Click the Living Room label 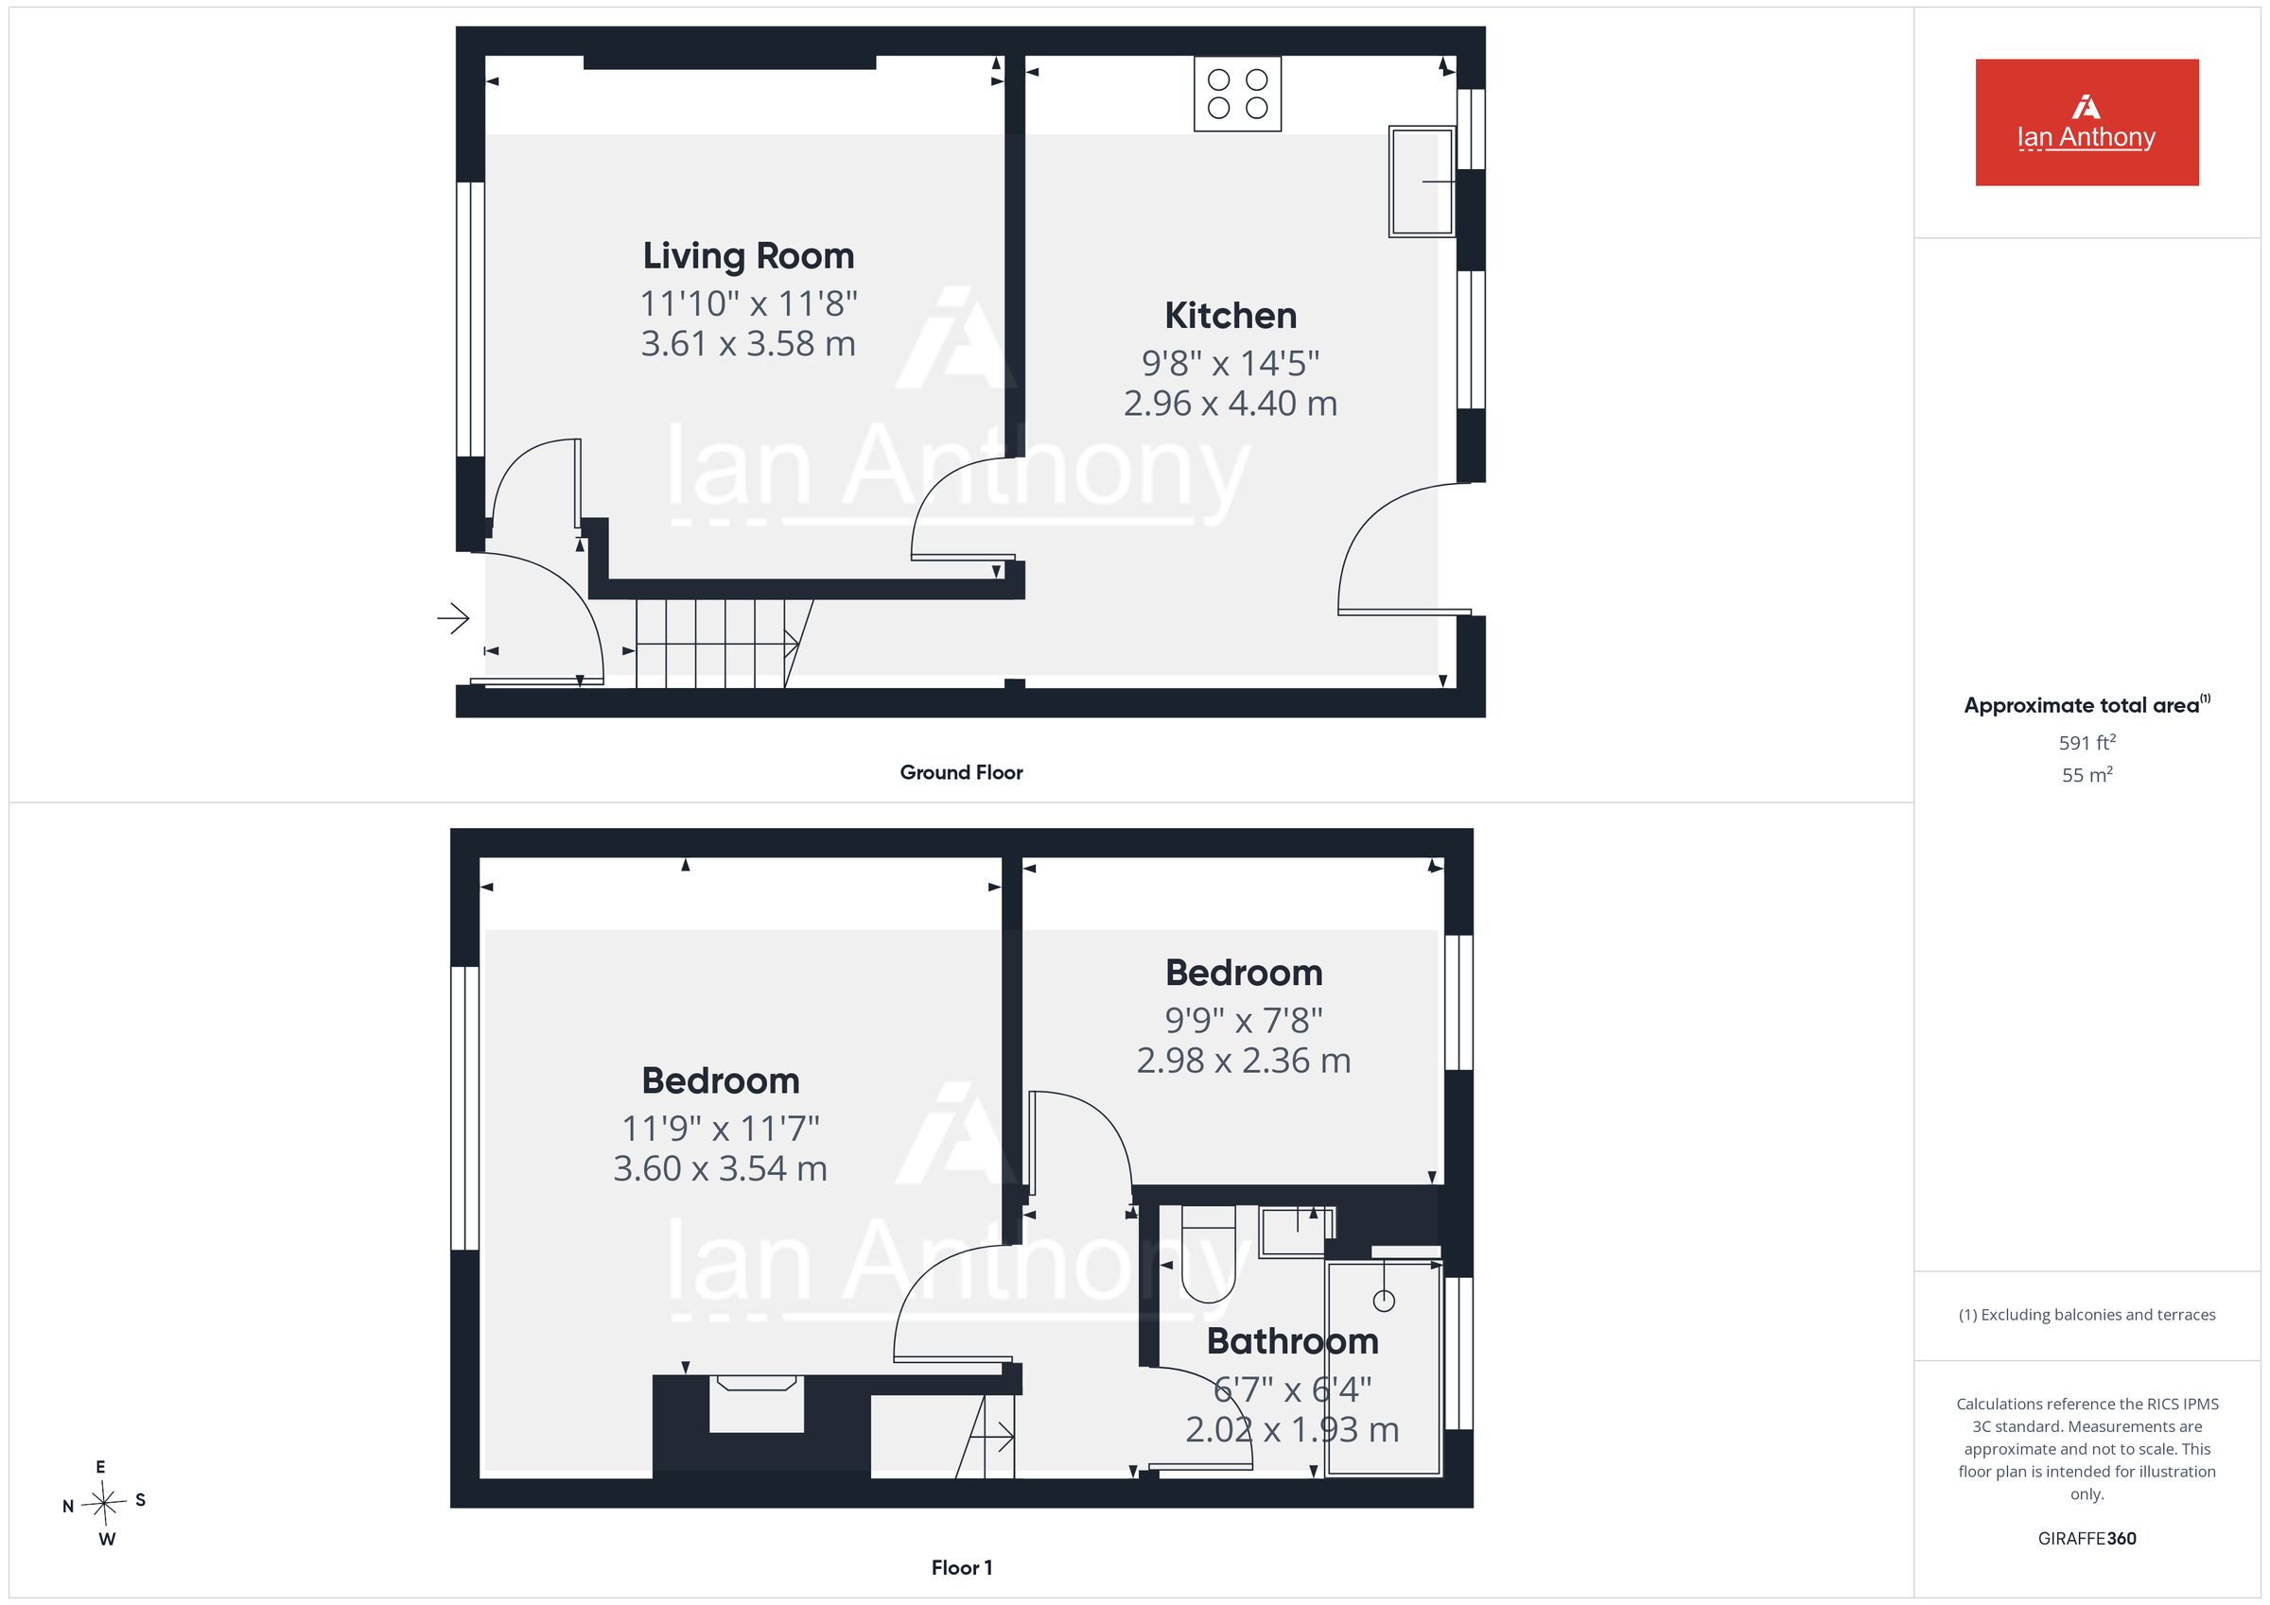tap(748, 256)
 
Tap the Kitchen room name tap(1230, 316)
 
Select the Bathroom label tap(1292, 1341)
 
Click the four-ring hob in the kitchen tap(1237, 94)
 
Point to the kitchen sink tap(1422, 181)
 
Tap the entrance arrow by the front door tap(454, 619)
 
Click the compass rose tap(104, 1503)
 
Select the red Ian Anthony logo tap(2087, 123)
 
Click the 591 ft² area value tap(2087, 742)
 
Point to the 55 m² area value tap(2087, 775)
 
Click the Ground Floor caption tap(961, 773)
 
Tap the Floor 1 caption tap(961, 1567)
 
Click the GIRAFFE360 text tap(2087, 1539)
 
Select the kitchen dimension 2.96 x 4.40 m tap(1230, 404)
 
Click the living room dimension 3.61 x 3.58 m tap(748, 344)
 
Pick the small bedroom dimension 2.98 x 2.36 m tap(1243, 1061)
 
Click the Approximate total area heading tap(2087, 703)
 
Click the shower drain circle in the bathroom tap(1384, 1301)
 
